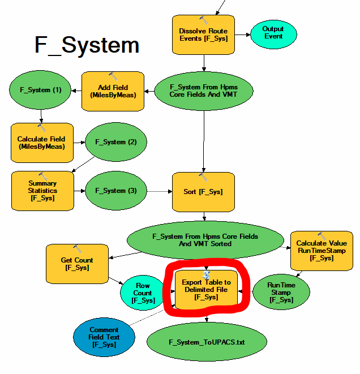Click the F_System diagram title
click(x=87, y=45)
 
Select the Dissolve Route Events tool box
click(x=203, y=35)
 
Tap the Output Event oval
click(x=273, y=33)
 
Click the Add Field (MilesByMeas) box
click(x=113, y=91)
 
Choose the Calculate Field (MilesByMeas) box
click(x=41, y=143)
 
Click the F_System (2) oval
click(x=116, y=141)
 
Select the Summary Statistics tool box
click(x=42, y=191)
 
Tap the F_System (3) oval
click(x=116, y=191)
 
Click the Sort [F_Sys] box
click(x=203, y=191)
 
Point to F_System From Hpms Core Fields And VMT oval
click(x=204, y=91)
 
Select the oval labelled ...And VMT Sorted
click(x=205, y=240)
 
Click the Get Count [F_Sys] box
click(x=77, y=264)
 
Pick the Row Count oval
click(x=143, y=293)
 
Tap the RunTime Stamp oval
click(x=281, y=293)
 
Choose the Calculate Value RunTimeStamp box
click(x=322, y=250)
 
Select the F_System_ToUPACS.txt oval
click(x=207, y=342)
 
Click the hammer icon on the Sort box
click(x=203, y=178)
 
